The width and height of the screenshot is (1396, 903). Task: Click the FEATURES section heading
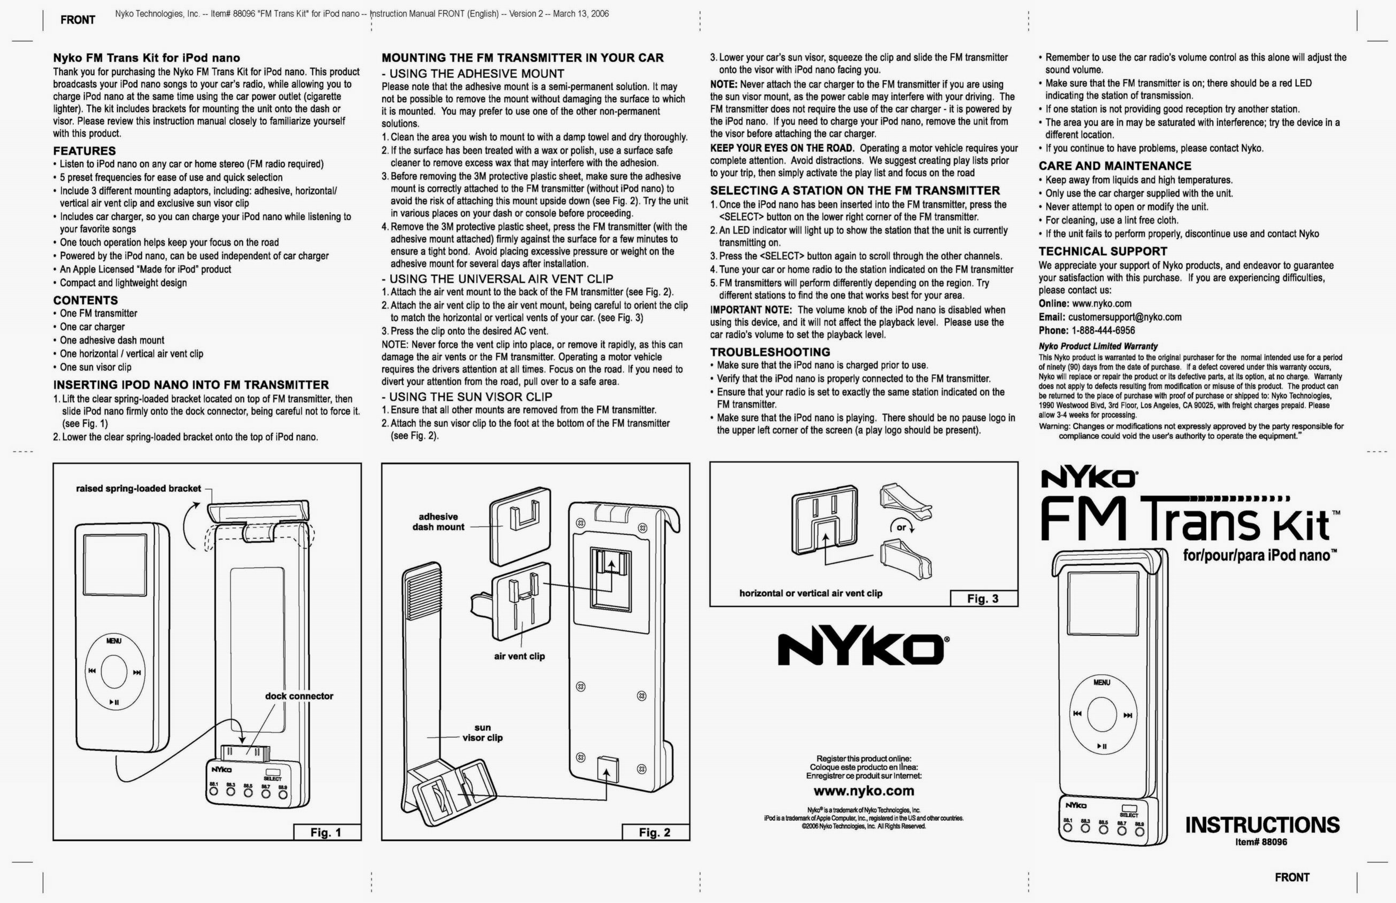click(x=84, y=151)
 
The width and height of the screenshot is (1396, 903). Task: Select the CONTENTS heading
click(x=86, y=300)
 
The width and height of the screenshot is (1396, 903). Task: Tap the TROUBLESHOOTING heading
click(x=770, y=352)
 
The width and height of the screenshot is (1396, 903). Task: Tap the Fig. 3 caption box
click(x=983, y=599)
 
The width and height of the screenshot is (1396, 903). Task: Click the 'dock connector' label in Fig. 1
click(x=299, y=696)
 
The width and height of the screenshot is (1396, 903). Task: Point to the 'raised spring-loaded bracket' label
click(x=138, y=488)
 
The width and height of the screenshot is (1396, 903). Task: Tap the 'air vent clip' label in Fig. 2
click(x=519, y=656)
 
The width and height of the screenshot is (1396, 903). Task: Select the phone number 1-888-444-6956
click(x=1103, y=330)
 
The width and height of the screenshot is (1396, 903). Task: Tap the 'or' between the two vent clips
click(x=901, y=527)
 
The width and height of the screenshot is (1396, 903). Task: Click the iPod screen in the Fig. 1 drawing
click(x=115, y=565)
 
